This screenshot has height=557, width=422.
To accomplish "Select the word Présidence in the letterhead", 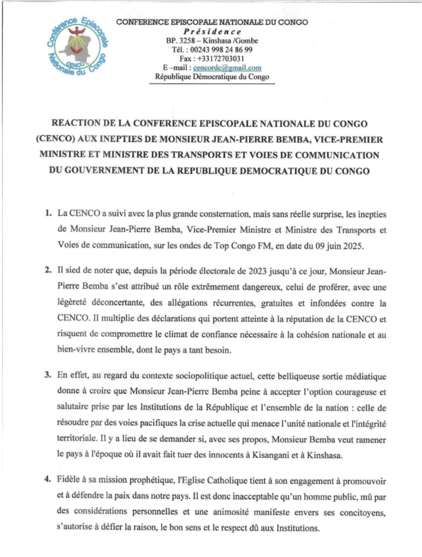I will [x=213, y=32].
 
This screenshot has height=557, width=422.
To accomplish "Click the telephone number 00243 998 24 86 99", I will [x=221, y=50].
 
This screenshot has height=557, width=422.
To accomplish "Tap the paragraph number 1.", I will [x=48, y=214].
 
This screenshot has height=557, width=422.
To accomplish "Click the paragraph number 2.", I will [x=48, y=270].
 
